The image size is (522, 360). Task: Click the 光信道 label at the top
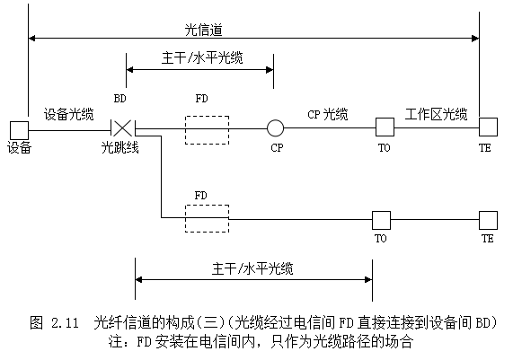point(203,30)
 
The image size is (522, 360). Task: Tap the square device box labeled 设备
point(19,130)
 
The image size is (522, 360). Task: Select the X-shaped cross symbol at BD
point(122,128)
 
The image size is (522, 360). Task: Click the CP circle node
point(275,128)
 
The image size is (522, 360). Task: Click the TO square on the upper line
point(385,127)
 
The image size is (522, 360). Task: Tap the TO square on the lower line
point(381,220)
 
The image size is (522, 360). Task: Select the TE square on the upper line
point(489,127)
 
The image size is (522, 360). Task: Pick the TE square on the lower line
point(489,220)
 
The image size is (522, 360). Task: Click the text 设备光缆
point(69,114)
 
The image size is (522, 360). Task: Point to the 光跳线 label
point(119,147)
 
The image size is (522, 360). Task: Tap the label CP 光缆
point(328,114)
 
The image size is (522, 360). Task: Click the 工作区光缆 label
point(436,114)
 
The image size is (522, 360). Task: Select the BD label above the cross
point(119,99)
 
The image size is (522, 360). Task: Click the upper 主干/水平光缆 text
point(202,57)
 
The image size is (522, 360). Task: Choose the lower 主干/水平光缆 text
point(252,268)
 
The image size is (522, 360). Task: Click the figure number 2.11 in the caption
point(65,322)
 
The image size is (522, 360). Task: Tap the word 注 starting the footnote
point(115,341)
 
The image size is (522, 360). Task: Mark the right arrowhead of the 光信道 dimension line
point(475,39)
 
